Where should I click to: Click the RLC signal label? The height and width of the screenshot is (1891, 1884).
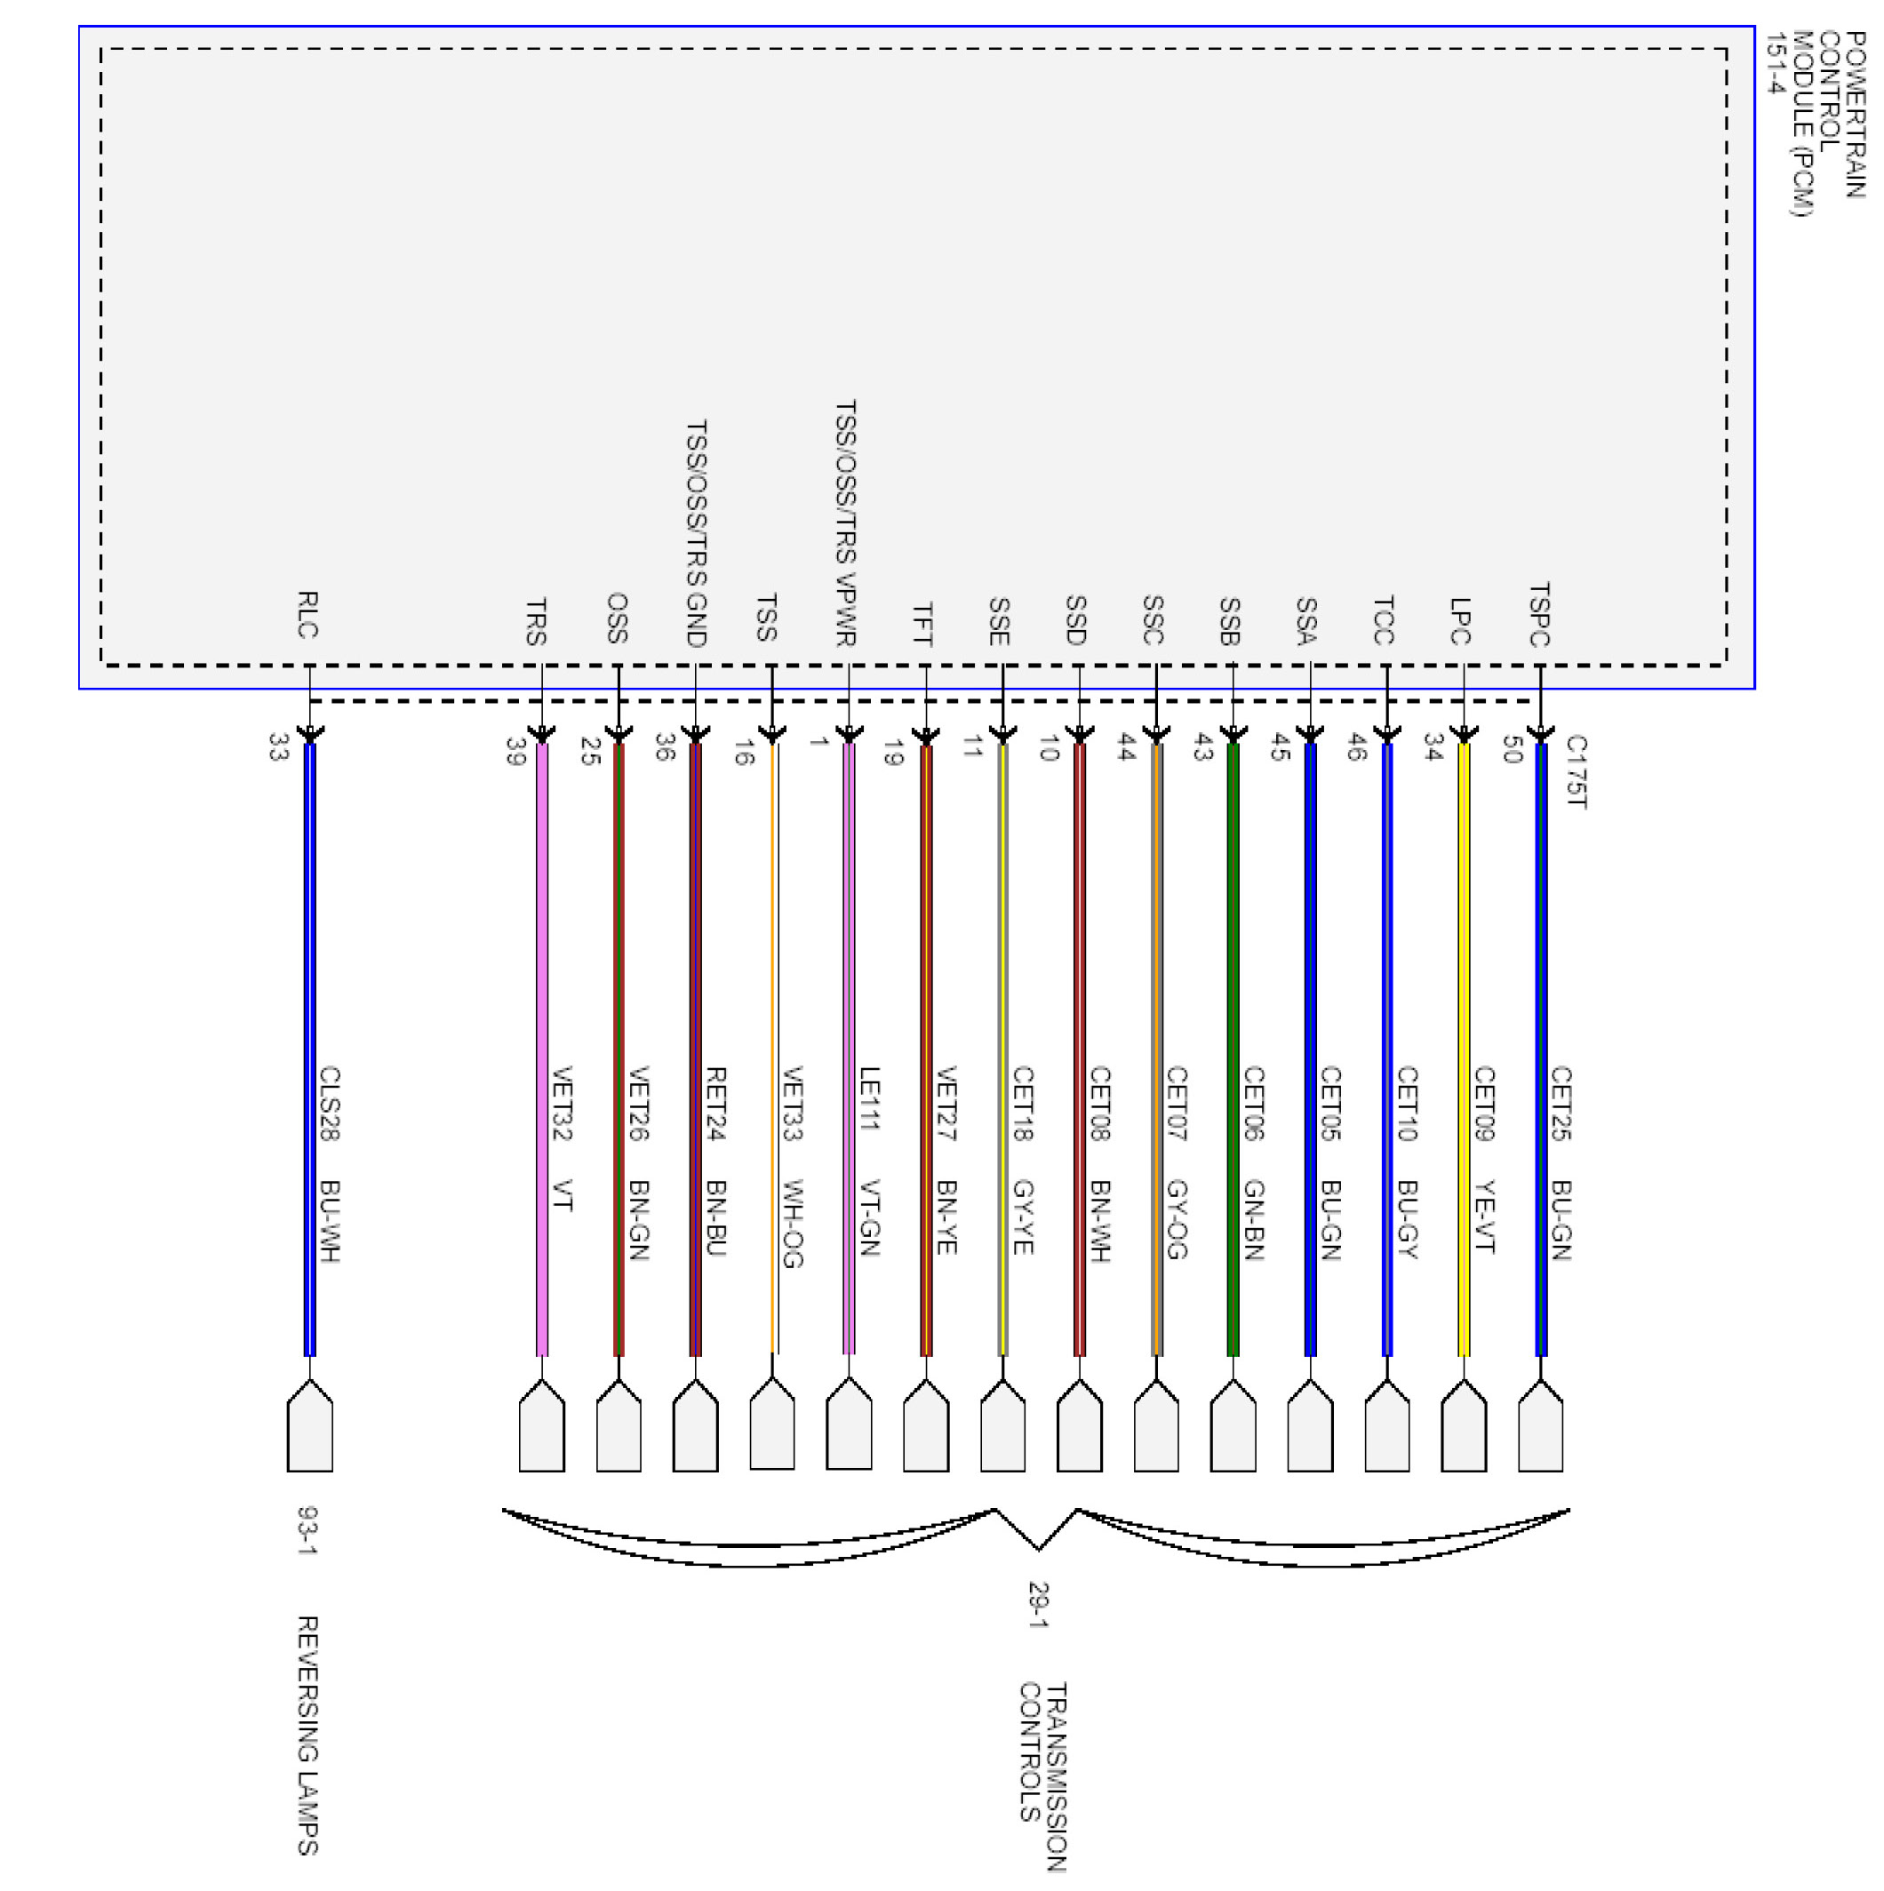(307, 614)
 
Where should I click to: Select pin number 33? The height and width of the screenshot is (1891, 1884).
(277, 748)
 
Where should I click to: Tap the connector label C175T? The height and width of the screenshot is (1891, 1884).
(1575, 771)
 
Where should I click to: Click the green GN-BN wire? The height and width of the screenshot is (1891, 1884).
(1233, 1048)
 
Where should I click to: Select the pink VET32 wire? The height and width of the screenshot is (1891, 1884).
(541, 1048)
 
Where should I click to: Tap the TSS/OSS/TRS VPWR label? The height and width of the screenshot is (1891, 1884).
(846, 523)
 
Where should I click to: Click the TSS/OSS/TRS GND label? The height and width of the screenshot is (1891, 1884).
(696, 533)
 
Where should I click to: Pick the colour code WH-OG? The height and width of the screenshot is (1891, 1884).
(793, 1223)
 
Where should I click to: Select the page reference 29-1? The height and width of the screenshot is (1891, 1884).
(1037, 1604)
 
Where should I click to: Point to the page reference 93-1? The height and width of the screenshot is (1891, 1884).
(307, 1531)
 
